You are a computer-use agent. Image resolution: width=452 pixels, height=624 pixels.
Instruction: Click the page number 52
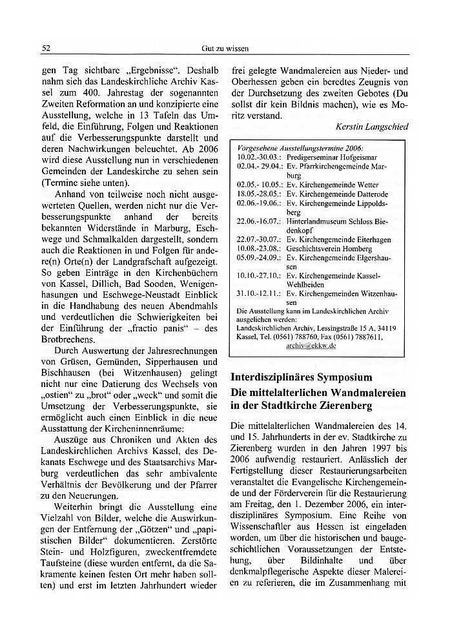[46, 49]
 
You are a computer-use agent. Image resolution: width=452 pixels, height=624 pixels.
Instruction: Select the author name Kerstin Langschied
[374, 127]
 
